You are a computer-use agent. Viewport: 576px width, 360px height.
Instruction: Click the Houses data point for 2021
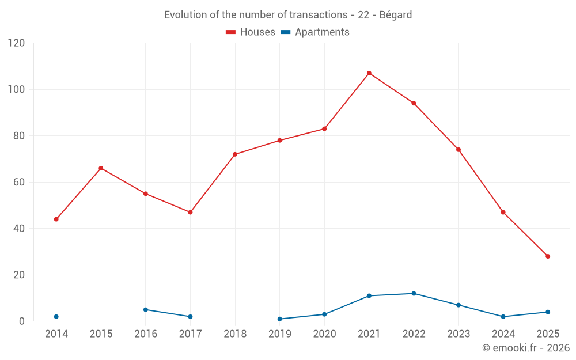(369, 73)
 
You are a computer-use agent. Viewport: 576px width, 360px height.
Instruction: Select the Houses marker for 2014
(56, 219)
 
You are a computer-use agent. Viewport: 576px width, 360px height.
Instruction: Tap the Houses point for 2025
(548, 256)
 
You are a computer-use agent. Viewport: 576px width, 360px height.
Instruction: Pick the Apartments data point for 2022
(414, 294)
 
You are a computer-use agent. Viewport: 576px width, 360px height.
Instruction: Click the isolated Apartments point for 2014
(56, 317)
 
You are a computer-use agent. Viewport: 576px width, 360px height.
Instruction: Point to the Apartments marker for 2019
(280, 319)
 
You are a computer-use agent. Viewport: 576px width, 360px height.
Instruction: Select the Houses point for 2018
(235, 154)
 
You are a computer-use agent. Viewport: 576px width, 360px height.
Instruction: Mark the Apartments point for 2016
(146, 310)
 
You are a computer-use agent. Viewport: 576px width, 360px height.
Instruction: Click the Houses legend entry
(251, 32)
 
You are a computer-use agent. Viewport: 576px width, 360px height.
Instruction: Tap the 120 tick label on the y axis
(17, 43)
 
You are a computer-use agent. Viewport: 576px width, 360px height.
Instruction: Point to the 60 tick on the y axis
(19, 182)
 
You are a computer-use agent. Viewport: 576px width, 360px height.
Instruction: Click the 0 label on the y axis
(22, 321)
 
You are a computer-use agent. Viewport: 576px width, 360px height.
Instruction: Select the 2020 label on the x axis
(324, 334)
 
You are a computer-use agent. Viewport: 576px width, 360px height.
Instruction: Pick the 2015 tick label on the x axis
(101, 334)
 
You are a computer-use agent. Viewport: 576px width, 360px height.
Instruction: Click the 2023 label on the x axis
(458, 334)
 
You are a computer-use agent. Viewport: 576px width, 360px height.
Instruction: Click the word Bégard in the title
(396, 15)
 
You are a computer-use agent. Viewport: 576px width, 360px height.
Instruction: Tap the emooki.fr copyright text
(525, 348)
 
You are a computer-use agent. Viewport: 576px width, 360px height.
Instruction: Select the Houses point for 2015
(101, 168)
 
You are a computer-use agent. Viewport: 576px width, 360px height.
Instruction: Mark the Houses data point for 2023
(458, 150)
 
